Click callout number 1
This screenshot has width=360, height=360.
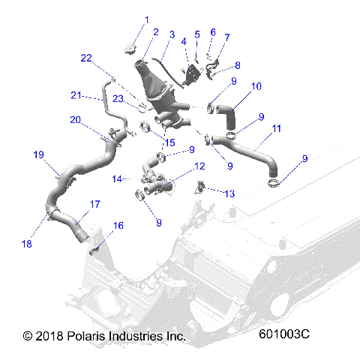(x=146, y=19)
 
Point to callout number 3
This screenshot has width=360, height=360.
(x=172, y=34)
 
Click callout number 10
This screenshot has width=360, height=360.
(x=256, y=86)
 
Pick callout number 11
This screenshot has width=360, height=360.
(x=277, y=129)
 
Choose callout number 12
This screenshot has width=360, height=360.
(x=199, y=166)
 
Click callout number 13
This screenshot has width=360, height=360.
(x=229, y=193)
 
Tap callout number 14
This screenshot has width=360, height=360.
(x=116, y=179)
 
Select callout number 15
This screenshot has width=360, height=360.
(x=169, y=142)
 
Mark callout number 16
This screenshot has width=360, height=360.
(x=118, y=226)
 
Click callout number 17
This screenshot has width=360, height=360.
(x=95, y=204)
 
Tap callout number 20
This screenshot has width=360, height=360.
(x=75, y=120)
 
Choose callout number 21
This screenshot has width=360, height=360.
(x=75, y=94)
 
